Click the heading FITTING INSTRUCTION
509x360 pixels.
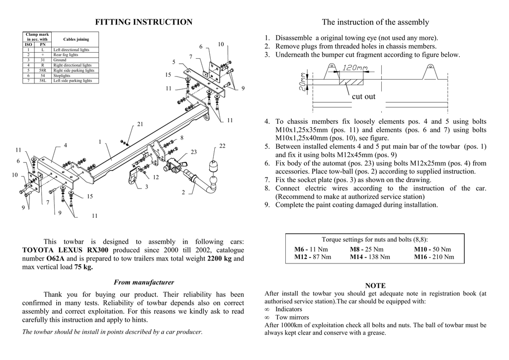pyautogui.click(x=144, y=22)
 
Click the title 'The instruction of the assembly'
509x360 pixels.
pyautogui.click(x=375, y=22)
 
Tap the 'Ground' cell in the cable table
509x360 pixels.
pyautogui.click(x=60, y=60)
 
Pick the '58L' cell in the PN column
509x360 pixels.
pyautogui.click(x=43, y=81)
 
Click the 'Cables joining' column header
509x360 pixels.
pyautogui.click(x=76, y=39)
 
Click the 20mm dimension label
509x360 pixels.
pyautogui.click(x=303, y=80)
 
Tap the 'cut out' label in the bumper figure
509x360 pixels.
pyautogui.click(x=363, y=96)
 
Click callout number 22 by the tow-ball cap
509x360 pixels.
pyautogui.click(x=222, y=146)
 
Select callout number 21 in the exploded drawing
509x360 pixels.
pyautogui.click(x=140, y=124)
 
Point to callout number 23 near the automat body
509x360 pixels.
pyautogui.click(x=193, y=152)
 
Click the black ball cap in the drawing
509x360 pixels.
pyautogui.click(x=215, y=166)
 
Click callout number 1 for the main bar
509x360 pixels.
pyautogui.click(x=100, y=142)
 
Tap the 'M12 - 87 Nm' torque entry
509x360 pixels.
pyautogui.click(x=312, y=257)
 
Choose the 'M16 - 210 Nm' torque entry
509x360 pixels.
pyautogui.click(x=433, y=257)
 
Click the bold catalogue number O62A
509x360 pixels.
pyautogui.click(x=55, y=259)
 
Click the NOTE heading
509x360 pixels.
pyautogui.click(x=375, y=285)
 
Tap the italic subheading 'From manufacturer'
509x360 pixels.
pyautogui.click(x=144, y=282)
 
